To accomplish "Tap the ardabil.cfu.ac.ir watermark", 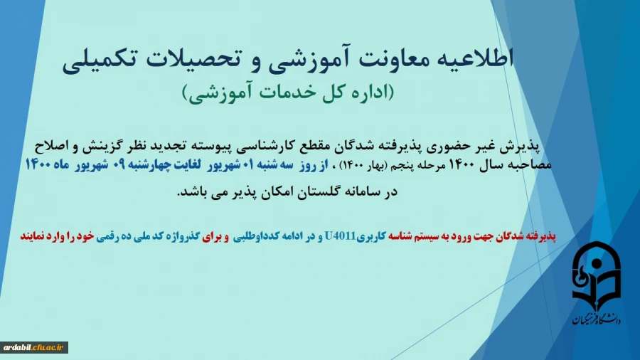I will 34,347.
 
